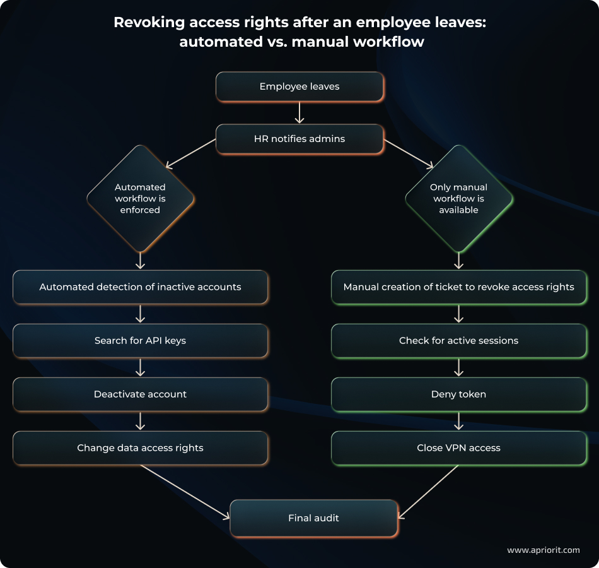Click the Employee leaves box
pos(299,86)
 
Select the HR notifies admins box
pos(299,139)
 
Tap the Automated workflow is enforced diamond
pos(140,199)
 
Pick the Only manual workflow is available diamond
pos(458,199)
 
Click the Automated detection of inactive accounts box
pos(140,287)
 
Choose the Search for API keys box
pos(140,341)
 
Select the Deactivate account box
pos(140,394)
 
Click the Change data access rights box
pos(140,448)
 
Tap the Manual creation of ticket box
pos(458,287)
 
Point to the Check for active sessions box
pos(458,341)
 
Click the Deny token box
pos(458,394)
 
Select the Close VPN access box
pos(458,448)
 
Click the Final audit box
pos(313,518)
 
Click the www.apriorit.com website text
pos(543,550)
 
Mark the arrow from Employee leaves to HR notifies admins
pos(299,112)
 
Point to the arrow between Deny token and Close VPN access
pos(458,421)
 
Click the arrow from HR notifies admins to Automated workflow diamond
pos(190,154)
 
